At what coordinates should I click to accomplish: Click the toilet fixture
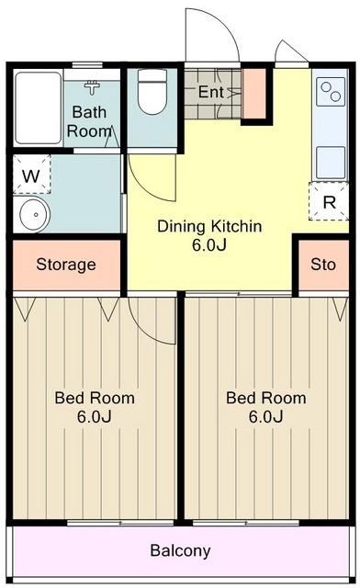point(151,92)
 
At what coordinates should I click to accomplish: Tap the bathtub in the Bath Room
point(39,108)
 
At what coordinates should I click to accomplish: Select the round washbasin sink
point(35,214)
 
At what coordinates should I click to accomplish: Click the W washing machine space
point(31,175)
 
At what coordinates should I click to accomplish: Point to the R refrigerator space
point(329,202)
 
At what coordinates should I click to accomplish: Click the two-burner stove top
point(331,92)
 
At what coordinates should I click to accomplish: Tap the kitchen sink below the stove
point(331,163)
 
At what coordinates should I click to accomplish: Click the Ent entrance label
point(210,92)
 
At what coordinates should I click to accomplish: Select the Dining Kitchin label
point(209,226)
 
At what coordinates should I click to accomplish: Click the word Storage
point(66,265)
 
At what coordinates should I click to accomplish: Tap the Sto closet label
point(323,265)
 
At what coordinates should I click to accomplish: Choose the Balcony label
point(180,550)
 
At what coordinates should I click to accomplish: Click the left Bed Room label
point(95,398)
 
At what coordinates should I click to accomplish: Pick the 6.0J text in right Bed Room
point(266,416)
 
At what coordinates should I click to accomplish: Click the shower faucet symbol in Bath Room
point(92,87)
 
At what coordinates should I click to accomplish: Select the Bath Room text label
point(89,121)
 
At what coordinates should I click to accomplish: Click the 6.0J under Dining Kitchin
point(209,245)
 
